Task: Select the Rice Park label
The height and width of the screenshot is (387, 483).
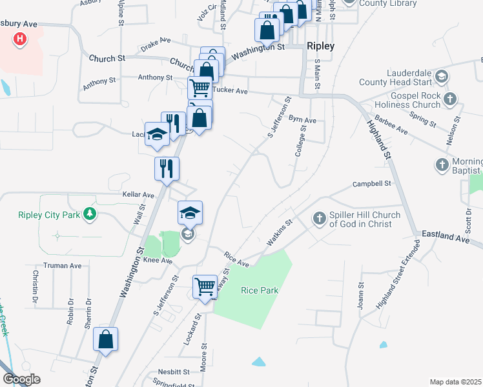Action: (260, 291)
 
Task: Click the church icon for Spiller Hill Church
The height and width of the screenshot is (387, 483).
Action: (319, 219)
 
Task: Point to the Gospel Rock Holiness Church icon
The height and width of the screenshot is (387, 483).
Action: (451, 99)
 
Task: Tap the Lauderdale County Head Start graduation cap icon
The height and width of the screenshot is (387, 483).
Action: (442, 77)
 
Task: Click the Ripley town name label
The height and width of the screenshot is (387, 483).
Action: (321, 46)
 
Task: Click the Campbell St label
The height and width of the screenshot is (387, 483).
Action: (373, 184)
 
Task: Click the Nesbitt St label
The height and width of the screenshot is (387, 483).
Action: (174, 372)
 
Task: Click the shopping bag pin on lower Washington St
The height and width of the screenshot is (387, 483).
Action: (106, 339)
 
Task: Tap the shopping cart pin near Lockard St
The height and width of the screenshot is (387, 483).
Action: (205, 286)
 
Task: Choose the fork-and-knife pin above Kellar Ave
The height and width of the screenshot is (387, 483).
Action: (167, 169)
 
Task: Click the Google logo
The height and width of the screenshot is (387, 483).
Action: (21, 379)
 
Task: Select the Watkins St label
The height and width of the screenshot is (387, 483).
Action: (280, 232)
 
